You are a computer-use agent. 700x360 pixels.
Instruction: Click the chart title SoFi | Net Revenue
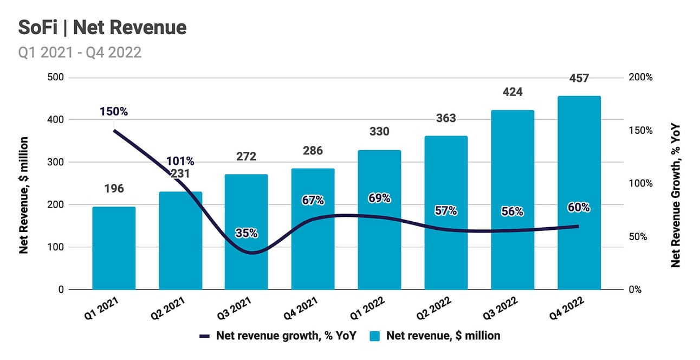[102, 28]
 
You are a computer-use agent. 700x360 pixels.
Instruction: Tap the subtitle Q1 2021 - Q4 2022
[80, 52]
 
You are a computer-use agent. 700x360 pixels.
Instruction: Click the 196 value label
[114, 189]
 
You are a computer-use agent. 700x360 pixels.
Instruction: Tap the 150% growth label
[114, 112]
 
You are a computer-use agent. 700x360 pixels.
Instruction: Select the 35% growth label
[246, 234]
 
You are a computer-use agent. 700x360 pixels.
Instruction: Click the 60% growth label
[579, 208]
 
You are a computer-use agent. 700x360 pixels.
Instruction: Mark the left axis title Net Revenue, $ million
[24, 196]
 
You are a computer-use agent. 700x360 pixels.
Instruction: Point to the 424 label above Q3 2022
[512, 92]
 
